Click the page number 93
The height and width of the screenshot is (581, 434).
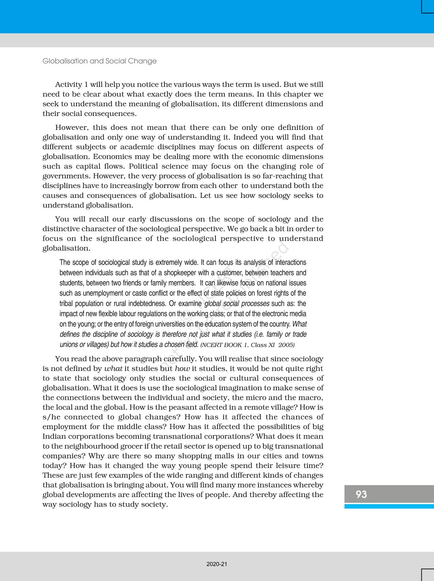click(361, 494)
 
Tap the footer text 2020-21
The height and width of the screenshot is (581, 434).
click(216, 564)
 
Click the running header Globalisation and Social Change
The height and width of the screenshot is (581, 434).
click(99, 61)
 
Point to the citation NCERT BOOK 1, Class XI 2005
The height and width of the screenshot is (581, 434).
click(247, 345)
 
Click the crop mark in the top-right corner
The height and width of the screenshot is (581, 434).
click(427, 7)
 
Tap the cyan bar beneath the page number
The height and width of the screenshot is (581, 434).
click(389, 506)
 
